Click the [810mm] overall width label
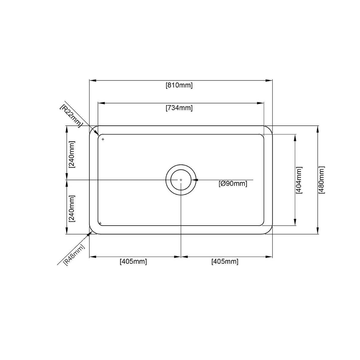click(x=179, y=85)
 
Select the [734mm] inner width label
click(x=179, y=108)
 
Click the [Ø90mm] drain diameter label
click(x=233, y=184)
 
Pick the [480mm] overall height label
click(x=321, y=180)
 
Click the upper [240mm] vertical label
click(x=72, y=154)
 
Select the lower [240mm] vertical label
click(x=72, y=208)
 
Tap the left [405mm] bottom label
click(x=133, y=262)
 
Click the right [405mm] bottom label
click(x=225, y=262)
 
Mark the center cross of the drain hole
click(x=181, y=180)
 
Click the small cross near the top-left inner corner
click(x=103, y=139)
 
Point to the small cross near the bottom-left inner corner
click(x=100, y=223)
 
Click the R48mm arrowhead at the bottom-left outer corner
click(x=89, y=234)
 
